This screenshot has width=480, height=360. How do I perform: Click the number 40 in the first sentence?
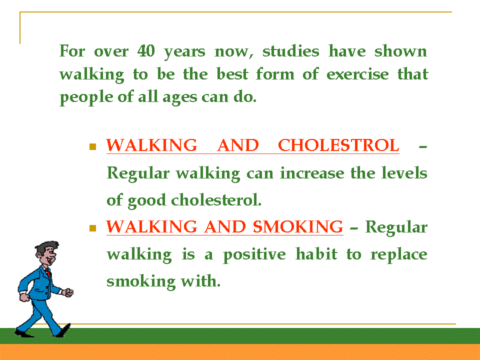click(x=146, y=51)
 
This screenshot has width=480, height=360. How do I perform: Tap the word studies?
click(x=291, y=51)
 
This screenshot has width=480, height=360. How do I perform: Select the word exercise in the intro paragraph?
click(x=357, y=74)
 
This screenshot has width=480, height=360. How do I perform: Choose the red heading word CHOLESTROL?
click(x=338, y=145)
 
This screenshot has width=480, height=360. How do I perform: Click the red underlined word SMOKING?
click(x=298, y=227)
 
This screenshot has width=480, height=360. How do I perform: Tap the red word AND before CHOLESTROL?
click(x=238, y=145)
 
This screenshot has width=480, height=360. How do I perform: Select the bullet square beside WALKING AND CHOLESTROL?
click(x=93, y=146)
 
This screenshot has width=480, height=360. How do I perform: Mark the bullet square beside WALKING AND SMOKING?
click(x=93, y=228)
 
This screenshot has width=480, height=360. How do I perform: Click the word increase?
click(x=312, y=173)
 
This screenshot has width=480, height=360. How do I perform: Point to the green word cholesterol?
click(x=216, y=200)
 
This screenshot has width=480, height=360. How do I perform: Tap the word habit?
click(x=316, y=254)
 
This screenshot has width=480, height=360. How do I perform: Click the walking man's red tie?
click(x=48, y=272)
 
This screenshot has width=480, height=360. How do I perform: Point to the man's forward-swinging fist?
click(x=67, y=292)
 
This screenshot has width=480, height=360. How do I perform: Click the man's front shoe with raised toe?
click(x=64, y=330)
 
